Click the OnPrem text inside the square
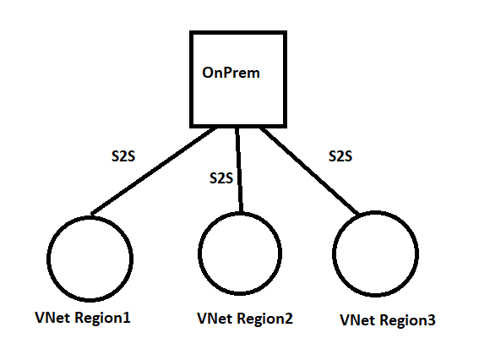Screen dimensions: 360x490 (x=230, y=73)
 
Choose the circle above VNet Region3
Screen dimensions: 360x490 (x=375, y=252)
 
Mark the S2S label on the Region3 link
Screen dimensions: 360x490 (x=340, y=156)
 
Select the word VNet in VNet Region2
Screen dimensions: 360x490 (x=212, y=319)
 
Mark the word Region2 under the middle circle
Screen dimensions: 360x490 (x=261, y=319)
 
